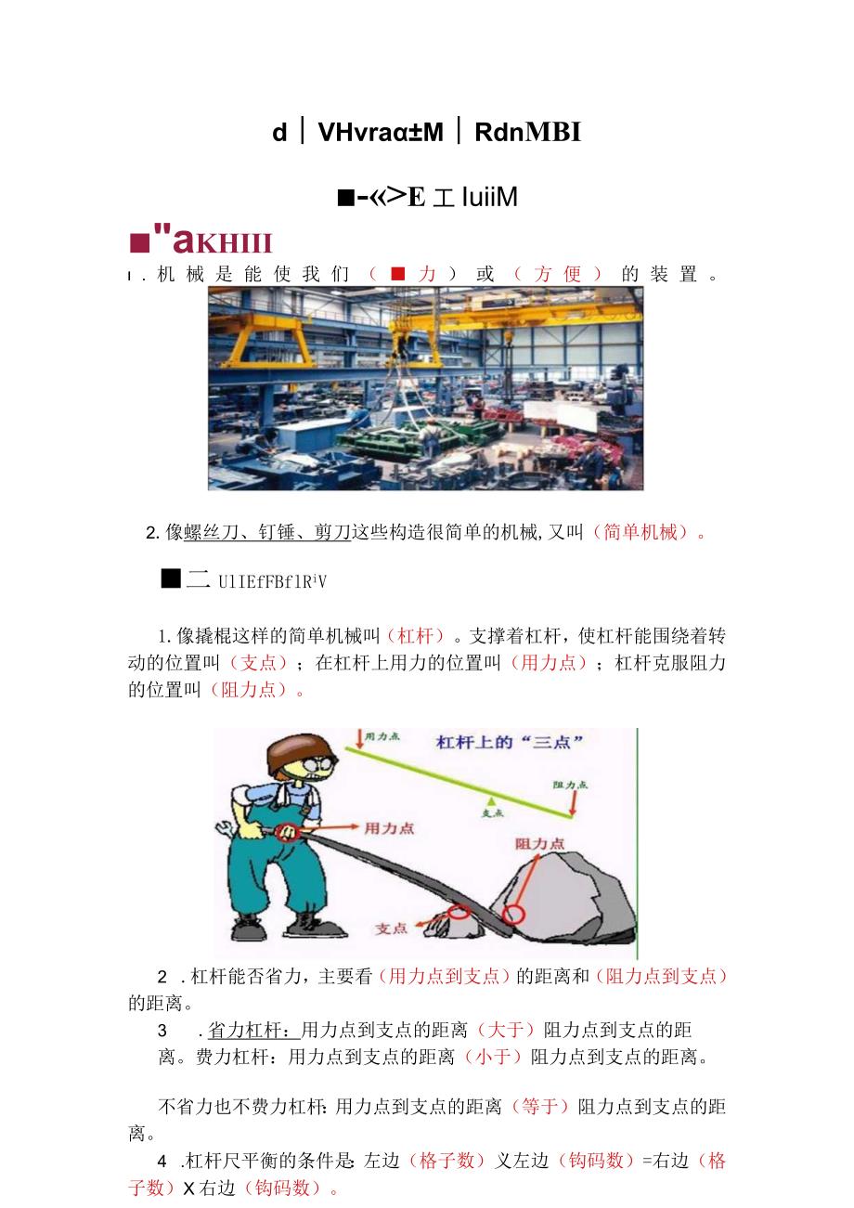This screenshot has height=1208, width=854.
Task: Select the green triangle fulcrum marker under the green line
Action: tap(492, 800)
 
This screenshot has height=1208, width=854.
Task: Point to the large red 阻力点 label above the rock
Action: tap(540, 844)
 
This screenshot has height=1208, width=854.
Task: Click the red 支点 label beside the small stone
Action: tap(392, 928)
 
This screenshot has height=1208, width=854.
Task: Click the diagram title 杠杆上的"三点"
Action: tap(510, 743)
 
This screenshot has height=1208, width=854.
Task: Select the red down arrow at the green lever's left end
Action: tap(358, 739)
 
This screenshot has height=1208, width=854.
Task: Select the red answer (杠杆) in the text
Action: tap(416, 636)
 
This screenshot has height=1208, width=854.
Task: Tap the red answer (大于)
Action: tap(506, 1030)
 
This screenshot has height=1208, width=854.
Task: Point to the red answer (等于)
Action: tap(540, 1106)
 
